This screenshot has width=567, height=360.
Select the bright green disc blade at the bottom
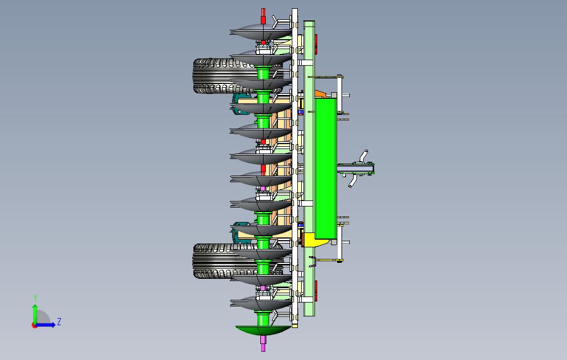(x=263, y=330)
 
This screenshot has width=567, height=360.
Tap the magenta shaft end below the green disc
(x=263, y=343)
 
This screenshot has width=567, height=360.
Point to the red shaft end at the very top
(x=263, y=16)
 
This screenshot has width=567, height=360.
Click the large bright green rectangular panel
(x=326, y=168)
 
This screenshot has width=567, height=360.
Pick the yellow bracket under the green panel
(x=314, y=240)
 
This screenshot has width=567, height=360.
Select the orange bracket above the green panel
(x=322, y=94)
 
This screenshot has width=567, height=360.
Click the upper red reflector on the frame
(x=316, y=44)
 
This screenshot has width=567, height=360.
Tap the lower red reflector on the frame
(x=316, y=291)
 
